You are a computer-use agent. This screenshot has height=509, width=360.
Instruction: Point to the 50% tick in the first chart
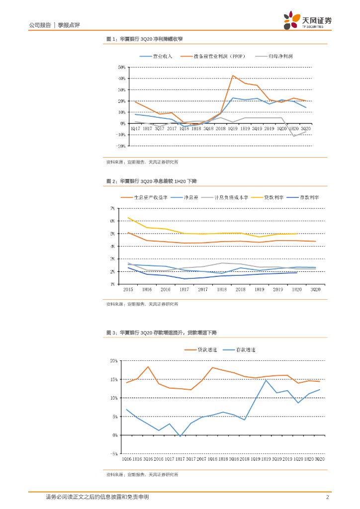pos(121,67)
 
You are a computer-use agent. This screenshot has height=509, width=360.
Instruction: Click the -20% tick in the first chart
pos(121,146)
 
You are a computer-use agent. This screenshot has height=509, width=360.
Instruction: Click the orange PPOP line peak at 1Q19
pos(233,76)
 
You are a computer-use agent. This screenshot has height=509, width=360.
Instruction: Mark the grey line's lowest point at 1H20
pos(294,136)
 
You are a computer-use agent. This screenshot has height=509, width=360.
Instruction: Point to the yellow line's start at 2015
pos(129,218)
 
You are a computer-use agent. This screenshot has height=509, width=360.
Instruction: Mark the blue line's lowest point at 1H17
pos(180,436)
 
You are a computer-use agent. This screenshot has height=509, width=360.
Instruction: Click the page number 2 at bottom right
pos(328,497)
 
